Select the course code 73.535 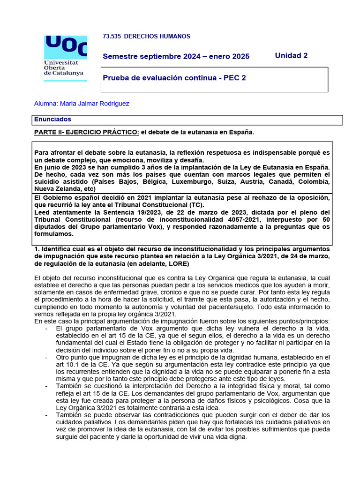pyautogui.click(x=111, y=36)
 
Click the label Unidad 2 pyautogui.click(x=291, y=55)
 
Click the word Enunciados pyautogui.click(x=52, y=120)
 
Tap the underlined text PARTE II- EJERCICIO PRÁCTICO pyautogui.click(x=86, y=132)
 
